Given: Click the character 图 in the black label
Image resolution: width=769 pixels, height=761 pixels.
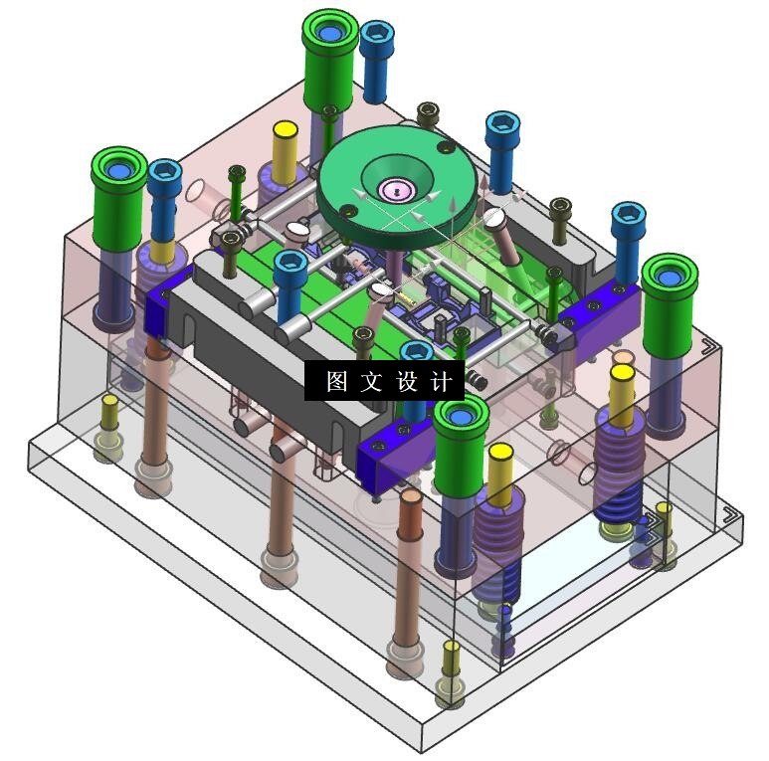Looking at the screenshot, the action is click(x=337, y=381).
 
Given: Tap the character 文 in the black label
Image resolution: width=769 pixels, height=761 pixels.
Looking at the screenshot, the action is click(x=371, y=381).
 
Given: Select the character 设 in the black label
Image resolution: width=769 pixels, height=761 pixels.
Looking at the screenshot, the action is click(x=407, y=381).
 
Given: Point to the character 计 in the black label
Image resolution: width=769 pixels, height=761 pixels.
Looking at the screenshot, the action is click(x=441, y=381).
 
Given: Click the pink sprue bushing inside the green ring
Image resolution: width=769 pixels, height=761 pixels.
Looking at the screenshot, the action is click(x=396, y=190).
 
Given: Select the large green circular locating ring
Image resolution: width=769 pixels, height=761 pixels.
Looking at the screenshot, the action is click(x=397, y=186).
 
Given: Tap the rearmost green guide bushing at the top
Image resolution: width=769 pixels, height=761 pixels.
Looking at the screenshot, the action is click(x=329, y=62).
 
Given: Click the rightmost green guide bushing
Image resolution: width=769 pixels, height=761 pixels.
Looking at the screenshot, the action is click(x=670, y=305).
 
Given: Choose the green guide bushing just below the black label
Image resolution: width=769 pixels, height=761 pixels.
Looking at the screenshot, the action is click(x=461, y=445).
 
